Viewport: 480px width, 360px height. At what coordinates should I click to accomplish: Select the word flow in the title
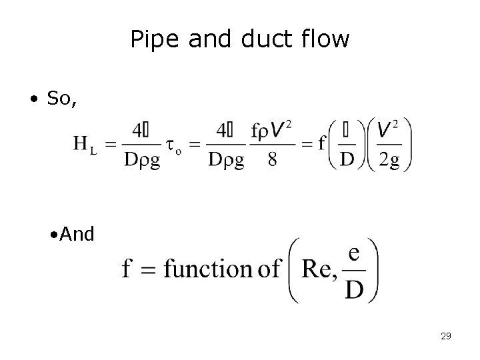[x=323, y=39]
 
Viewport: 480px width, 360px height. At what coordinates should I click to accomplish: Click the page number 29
[x=446, y=336]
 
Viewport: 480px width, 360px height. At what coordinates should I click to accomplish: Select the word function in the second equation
[x=207, y=269]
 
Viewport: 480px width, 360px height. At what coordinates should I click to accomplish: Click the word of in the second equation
[x=267, y=269]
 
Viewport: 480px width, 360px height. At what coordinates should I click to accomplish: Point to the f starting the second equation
[x=128, y=269]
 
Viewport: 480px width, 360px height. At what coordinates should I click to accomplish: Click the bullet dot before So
[x=33, y=100]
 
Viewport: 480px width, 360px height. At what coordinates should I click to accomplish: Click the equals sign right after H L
[x=111, y=144]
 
